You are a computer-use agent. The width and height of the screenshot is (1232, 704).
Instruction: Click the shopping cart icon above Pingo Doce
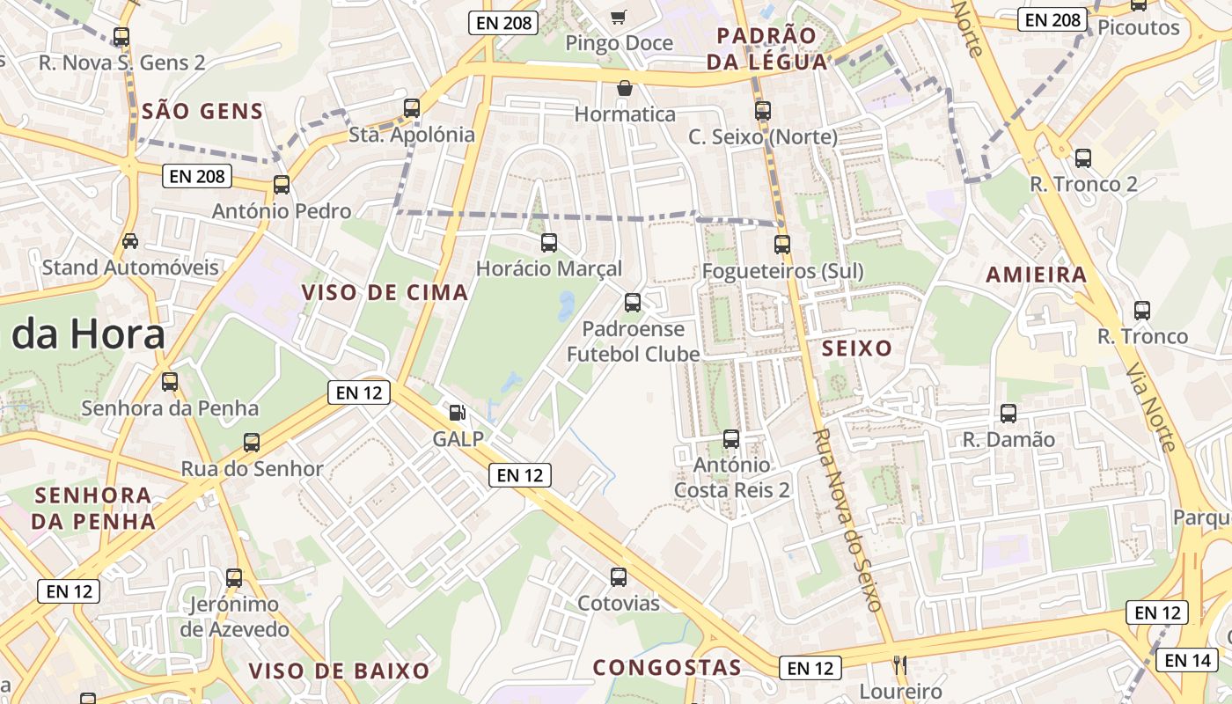coord(619,17)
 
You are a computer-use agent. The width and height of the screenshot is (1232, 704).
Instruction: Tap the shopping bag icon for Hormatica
coord(625,88)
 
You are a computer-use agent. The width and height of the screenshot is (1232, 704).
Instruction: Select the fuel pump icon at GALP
coord(458,412)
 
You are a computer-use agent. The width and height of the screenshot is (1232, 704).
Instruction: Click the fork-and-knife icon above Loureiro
coord(899,664)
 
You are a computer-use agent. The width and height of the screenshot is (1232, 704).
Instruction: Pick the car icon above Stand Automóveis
coord(130,240)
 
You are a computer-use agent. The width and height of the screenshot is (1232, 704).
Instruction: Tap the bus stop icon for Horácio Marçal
coord(549,242)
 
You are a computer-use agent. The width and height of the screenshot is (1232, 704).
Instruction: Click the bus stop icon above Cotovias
coord(619,577)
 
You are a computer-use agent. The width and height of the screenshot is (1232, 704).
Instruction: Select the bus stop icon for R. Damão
coord(1008,413)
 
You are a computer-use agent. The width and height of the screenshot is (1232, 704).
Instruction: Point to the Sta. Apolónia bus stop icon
coord(412,108)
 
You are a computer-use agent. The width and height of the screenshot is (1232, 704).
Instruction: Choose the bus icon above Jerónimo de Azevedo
coord(234,578)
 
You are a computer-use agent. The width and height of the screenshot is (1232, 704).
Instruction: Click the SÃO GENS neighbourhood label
coord(202,112)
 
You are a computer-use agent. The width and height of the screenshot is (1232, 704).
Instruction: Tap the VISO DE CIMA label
coord(385,293)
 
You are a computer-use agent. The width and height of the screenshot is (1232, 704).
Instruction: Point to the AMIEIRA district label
coord(1037,275)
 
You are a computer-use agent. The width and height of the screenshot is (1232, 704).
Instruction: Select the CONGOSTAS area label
coord(667,668)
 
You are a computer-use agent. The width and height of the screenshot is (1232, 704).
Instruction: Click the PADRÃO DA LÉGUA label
coord(773,48)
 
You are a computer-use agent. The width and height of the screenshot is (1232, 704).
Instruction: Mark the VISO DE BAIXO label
coord(339,671)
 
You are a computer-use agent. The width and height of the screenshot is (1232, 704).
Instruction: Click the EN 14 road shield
coord(1186,660)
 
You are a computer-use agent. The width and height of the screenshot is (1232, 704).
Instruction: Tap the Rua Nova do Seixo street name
coord(847,521)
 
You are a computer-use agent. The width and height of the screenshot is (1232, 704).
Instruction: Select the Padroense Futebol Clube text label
coord(633,341)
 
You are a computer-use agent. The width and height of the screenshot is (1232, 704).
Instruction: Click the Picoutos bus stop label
coord(1139,27)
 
